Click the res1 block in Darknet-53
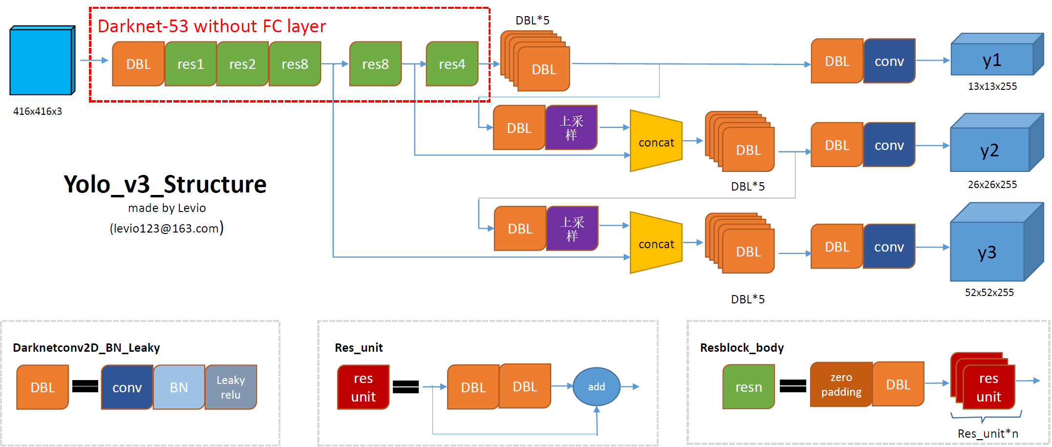coord(191,64)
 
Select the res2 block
coord(242,64)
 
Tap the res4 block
coord(452,64)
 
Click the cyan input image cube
coord(41,61)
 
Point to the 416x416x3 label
coord(38,111)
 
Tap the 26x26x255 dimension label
coord(992,185)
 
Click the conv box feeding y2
coord(889,145)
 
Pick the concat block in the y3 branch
coord(656,243)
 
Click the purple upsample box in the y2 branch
coord(571,128)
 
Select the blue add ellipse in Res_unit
coord(596,387)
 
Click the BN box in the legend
coord(179,387)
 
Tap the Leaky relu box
coord(231,387)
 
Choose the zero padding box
coord(841,385)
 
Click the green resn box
coord(749,387)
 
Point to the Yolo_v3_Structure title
coord(165,185)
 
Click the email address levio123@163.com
coord(166,229)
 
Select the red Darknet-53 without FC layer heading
coord(212,26)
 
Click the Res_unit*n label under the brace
coord(988,434)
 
